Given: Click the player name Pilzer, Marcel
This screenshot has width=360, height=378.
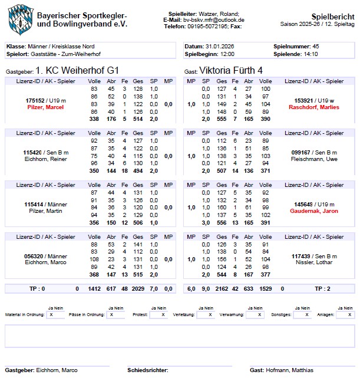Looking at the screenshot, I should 44,107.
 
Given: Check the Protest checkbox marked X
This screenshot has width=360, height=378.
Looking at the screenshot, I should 158,315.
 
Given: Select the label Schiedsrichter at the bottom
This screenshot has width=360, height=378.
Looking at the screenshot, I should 147,370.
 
